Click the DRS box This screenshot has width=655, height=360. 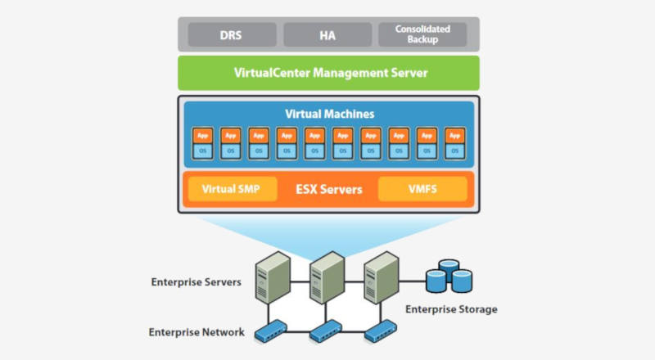point(232,34)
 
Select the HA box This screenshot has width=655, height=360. point(327,34)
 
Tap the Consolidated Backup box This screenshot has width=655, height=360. point(422,34)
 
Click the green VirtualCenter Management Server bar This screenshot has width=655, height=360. point(329,73)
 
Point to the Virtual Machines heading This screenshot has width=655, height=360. point(330,114)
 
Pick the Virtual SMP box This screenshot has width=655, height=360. point(233,189)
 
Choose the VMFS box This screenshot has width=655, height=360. point(422,189)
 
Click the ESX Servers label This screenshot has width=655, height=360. point(329,190)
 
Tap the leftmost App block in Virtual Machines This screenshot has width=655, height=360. point(202,136)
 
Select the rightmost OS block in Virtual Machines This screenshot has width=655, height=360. point(455,151)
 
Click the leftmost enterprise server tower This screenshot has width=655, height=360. point(273,277)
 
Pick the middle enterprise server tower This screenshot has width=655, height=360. point(327,277)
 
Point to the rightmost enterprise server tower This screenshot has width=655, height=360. point(382,277)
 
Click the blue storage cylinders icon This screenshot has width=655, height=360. point(449,276)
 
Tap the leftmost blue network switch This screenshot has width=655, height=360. point(271,331)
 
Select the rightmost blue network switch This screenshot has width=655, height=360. point(381,331)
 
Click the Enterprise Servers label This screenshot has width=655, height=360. point(196,282)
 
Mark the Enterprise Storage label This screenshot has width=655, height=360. point(451,309)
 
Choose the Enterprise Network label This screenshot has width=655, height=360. point(196,332)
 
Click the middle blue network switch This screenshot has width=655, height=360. point(326,331)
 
